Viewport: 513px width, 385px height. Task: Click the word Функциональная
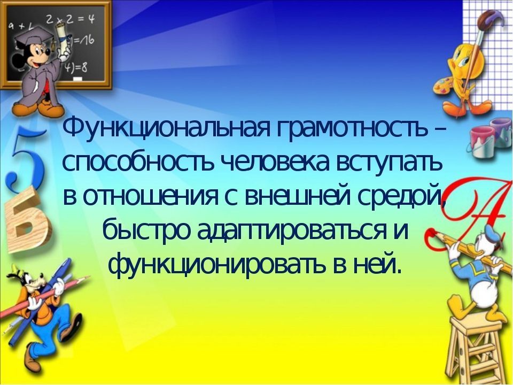coord(165,129)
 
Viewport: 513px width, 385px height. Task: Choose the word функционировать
coord(218,265)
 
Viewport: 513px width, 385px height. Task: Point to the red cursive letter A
coord(475,210)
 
